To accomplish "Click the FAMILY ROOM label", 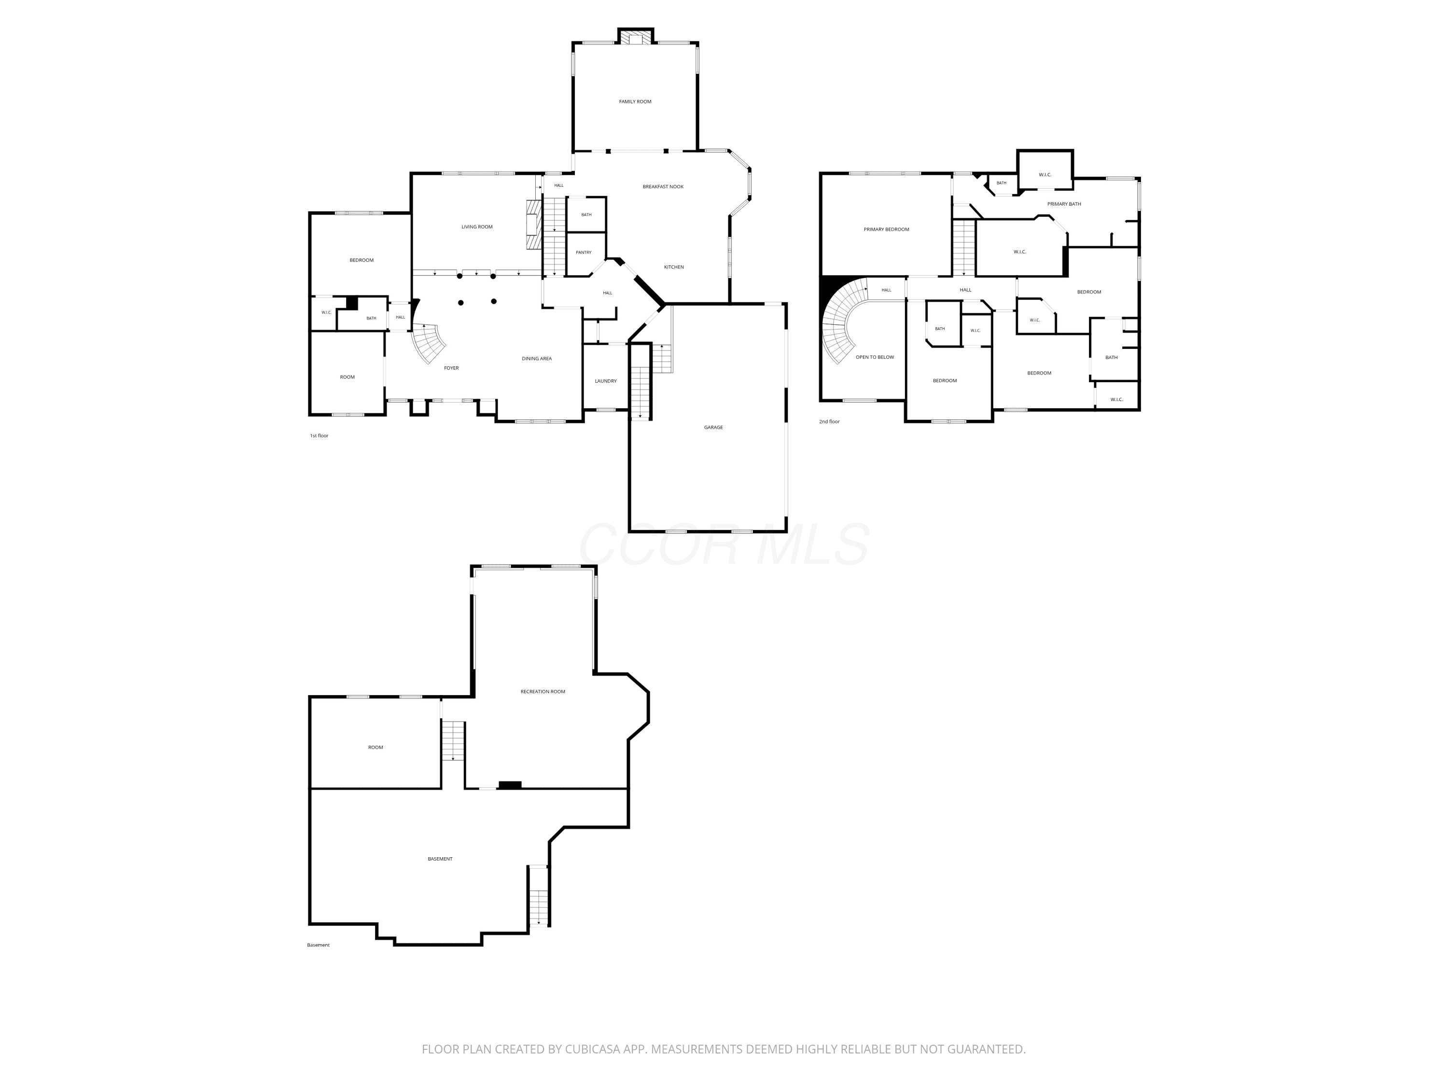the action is tap(635, 101).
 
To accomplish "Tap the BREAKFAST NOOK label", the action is tap(663, 187).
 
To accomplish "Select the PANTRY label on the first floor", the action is tap(583, 252).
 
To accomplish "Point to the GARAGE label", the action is tap(713, 428).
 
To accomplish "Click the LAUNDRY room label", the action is tap(606, 381).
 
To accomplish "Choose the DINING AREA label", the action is tap(536, 359).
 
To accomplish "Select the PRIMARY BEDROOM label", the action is tap(886, 229).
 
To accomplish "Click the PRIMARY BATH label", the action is tap(1064, 204).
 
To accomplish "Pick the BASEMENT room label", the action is tap(440, 859).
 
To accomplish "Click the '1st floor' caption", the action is tap(319, 435).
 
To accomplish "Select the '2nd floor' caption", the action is tap(829, 421).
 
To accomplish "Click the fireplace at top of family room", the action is tap(635, 37).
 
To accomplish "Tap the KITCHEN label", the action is tap(674, 267).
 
